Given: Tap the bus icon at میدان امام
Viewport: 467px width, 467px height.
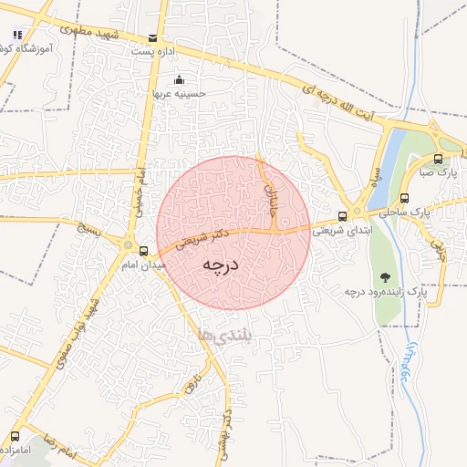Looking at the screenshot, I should pos(143,249).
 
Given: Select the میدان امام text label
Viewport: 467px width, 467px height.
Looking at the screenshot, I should pos(142,265).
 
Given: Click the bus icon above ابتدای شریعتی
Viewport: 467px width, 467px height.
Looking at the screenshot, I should pos(342,216).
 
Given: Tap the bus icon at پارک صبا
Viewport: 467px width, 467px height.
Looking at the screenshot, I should pos(439,158).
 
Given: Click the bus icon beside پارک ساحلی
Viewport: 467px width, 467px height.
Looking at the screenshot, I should pos(405,197).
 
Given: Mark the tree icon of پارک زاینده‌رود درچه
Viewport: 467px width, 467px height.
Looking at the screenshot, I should pos(385,276).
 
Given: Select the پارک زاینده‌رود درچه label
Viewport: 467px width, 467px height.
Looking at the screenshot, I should pos(386,292).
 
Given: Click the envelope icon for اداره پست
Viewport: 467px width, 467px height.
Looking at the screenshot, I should pos(152,38).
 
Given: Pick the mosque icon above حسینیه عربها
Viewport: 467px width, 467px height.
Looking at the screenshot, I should pos(178,79).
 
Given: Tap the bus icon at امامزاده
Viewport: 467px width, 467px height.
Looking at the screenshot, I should pos(15,437).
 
